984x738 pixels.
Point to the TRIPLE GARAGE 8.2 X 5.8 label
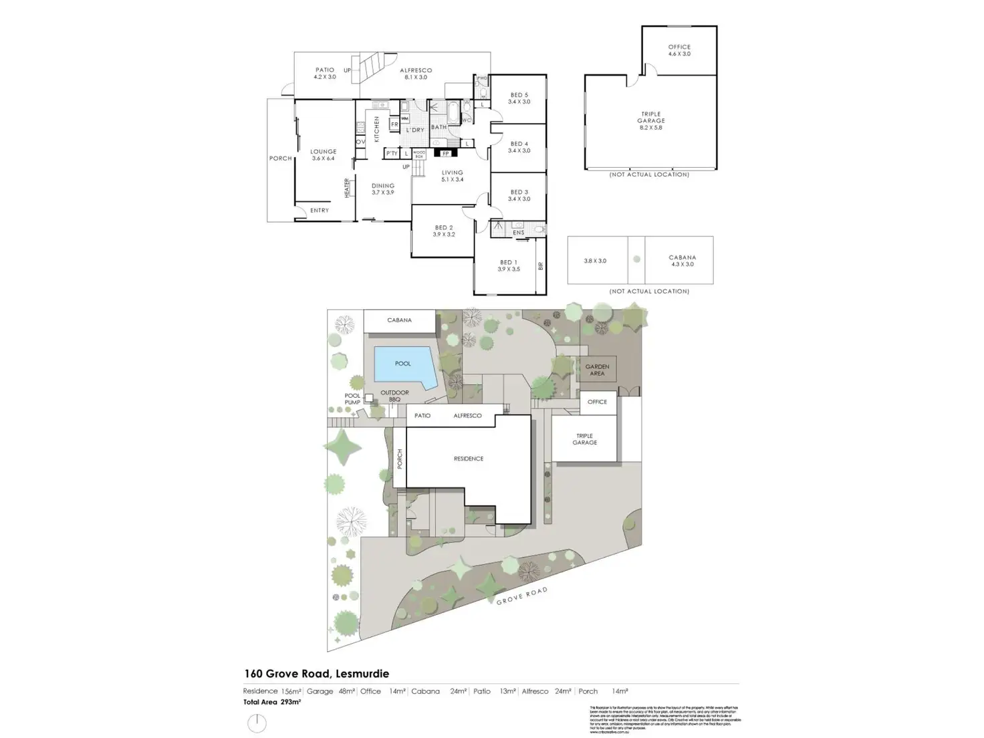(x=650, y=121)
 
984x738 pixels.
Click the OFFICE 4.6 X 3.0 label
(x=679, y=50)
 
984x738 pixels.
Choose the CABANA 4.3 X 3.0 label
(x=682, y=261)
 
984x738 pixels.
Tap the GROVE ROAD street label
(x=521, y=596)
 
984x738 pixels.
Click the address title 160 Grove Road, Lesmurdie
(x=316, y=674)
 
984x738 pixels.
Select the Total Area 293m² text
(x=272, y=702)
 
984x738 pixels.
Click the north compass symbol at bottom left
(x=257, y=723)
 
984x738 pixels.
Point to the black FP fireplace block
(x=445, y=153)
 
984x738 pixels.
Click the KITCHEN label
(x=376, y=129)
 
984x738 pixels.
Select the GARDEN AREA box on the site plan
(x=597, y=370)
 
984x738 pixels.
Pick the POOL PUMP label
(x=352, y=398)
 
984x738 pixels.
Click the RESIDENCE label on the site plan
(x=468, y=459)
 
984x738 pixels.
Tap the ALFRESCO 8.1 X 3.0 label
(x=416, y=74)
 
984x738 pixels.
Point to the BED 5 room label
(x=519, y=98)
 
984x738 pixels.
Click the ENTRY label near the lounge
(x=320, y=211)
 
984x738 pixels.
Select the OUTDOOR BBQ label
(x=394, y=396)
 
